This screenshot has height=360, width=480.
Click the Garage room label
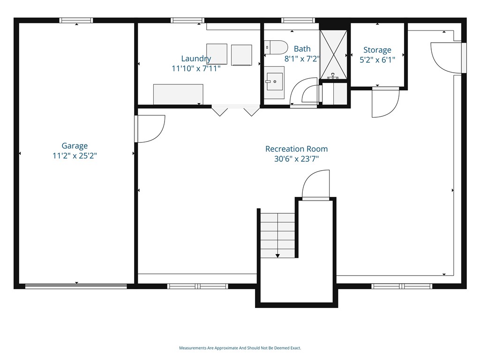click(x=75, y=146)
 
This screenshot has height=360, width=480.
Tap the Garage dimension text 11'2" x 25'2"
click(x=75, y=156)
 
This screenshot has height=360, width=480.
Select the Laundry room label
click(x=196, y=59)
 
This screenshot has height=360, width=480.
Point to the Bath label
click(x=302, y=49)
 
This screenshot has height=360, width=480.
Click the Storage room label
click(x=377, y=50)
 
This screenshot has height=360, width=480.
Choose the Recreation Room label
click(x=296, y=149)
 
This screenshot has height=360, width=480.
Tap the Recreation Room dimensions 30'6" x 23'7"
click(x=296, y=159)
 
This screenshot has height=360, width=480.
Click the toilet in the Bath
click(x=276, y=47)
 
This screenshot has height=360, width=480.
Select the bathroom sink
click(x=274, y=82)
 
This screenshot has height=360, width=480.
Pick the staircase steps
click(x=277, y=235)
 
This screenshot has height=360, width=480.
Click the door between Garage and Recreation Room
click(x=150, y=129)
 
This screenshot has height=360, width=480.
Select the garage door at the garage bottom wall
click(x=76, y=286)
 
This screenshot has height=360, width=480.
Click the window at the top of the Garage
click(x=76, y=20)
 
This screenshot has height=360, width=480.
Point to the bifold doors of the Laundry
click(x=236, y=110)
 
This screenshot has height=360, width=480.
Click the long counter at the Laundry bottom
click(x=178, y=94)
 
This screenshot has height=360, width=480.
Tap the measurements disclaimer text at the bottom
click(x=240, y=348)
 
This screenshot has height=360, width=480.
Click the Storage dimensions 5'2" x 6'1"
click(x=377, y=60)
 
